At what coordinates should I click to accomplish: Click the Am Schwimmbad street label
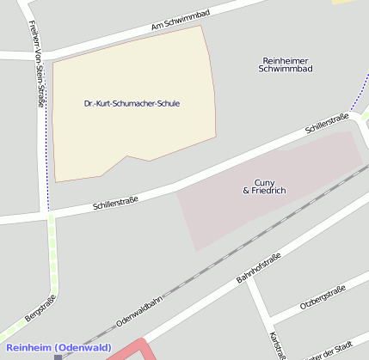(180, 21)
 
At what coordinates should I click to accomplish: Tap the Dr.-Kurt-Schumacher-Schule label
(132, 103)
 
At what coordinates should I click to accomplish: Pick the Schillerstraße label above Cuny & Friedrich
(328, 126)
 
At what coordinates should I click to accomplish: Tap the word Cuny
(264, 182)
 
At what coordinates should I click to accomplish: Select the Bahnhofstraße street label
(258, 268)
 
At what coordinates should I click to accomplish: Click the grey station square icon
(58, 356)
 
